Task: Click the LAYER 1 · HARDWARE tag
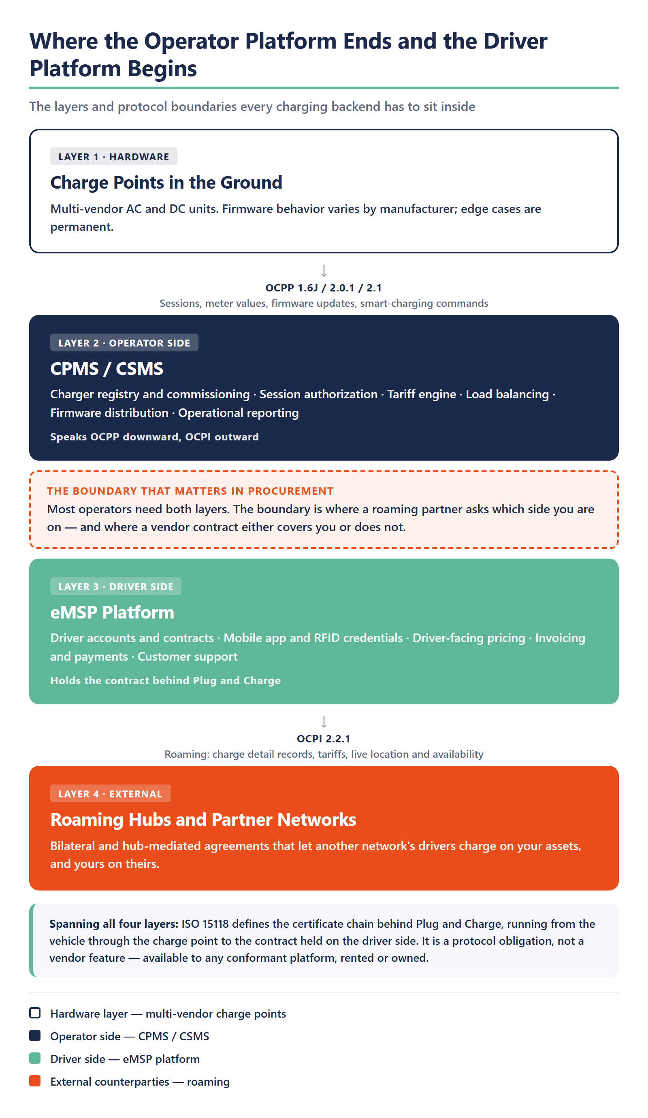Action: pyautogui.click(x=114, y=157)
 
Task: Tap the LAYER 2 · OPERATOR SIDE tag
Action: pyautogui.click(x=124, y=343)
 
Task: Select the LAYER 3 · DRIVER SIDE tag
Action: pyautogui.click(x=116, y=587)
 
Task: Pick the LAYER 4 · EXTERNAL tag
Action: pyautogui.click(x=111, y=794)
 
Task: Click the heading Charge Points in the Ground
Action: pyautogui.click(x=166, y=182)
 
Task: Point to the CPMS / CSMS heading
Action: pyautogui.click(x=107, y=369)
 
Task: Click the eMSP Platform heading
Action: pyautogui.click(x=112, y=612)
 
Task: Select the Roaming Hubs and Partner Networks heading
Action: pyautogui.click(x=203, y=819)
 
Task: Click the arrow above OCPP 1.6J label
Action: pyautogui.click(x=324, y=270)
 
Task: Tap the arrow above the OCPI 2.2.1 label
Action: pyautogui.click(x=324, y=721)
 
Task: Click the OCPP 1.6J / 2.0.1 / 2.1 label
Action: pyautogui.click(x=324, y=288)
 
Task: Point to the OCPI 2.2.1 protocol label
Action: pyautogui.click(x=324, y=739)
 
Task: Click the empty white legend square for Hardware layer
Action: pyautogui.click(x=34, y=1013)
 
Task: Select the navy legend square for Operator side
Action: pyautogui.click(x=34, y=1035)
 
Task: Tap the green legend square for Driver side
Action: pyautogui.click(x=34, y=1058)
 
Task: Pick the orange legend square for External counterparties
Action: pyautogui.click(x=34, y=1081)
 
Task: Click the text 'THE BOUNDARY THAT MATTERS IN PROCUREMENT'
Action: pyautogui.click(x=190, y=491)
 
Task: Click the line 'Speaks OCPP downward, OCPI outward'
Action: pyautogui.click(x=154, y=437)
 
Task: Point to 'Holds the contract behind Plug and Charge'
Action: pyautogui.click(x=166, y=680)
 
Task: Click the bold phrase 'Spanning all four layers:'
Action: pyautogui.click(x=114, y=924)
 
